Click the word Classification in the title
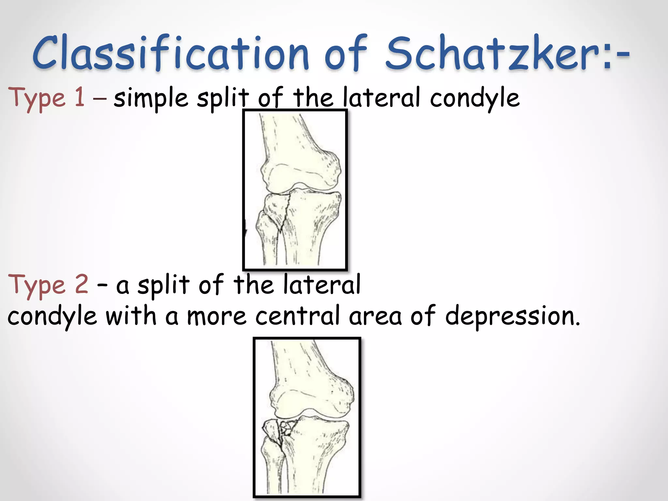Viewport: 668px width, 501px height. click(170, 53)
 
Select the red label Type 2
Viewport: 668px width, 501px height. click(48, 285)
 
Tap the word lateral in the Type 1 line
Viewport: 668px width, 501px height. click(381, 98)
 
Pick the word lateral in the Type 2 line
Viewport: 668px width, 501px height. click(322, 284)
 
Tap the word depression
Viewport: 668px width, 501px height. click(512, 316)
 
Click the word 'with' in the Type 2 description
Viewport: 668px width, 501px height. click(131, 315)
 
